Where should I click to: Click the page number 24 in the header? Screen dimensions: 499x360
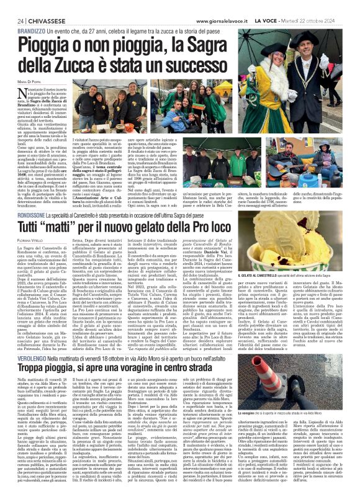[12, 20]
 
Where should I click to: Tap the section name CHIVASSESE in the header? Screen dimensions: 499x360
[38, 20]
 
